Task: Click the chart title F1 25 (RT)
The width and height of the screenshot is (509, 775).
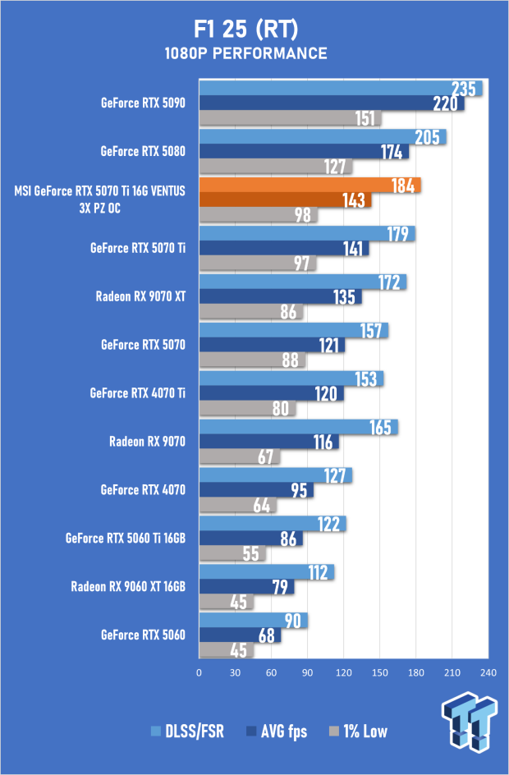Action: (245, 30)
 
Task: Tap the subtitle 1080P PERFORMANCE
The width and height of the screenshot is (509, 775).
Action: (245, 53)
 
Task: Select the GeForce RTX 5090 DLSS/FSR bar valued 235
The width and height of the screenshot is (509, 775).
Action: (341, 89)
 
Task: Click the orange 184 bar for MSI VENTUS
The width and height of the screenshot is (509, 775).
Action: (310, 186)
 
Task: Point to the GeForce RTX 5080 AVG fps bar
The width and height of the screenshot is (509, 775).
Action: (304, 152)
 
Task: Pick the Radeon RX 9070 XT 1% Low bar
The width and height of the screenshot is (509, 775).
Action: (251, 312)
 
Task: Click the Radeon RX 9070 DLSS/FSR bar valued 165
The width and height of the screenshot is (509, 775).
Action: (299, 427)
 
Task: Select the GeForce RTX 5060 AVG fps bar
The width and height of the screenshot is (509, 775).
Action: (241, 635)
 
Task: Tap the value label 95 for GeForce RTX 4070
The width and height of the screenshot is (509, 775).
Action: (299, 490)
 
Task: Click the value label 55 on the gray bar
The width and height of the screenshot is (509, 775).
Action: (250, 553)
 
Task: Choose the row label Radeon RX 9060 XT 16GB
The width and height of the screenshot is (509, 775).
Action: (128, 587)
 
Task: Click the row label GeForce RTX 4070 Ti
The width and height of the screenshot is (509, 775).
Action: (137, 393)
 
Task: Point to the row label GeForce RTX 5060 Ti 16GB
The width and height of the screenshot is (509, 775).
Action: (126, 538)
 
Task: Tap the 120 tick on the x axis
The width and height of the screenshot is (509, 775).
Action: (343, 672)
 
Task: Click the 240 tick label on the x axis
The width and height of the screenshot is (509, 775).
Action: (488, 672)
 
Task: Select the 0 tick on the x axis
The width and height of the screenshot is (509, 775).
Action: (199, 672)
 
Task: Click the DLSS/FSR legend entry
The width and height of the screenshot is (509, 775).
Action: (187, 731)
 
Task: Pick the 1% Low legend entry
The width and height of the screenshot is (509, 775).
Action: (358, 731)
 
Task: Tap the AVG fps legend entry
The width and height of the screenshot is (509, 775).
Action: (277, 731)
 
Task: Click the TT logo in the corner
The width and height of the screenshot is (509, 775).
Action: (469, 722)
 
